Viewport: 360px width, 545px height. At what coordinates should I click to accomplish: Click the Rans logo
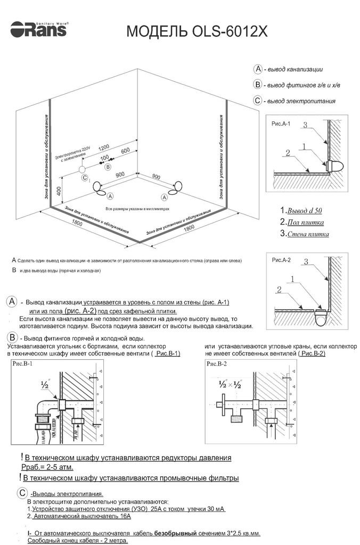(x=39, y=29)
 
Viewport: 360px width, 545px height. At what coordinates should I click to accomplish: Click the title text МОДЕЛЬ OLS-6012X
(x=197, y=32)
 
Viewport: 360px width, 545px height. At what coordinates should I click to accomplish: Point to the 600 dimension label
(x=126, y=151)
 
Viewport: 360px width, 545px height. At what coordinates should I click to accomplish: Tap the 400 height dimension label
(x=60, y=189)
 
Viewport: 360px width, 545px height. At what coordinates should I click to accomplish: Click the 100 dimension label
(x=104, y=158)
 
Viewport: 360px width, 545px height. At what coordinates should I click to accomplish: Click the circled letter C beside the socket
(x=84, y=178)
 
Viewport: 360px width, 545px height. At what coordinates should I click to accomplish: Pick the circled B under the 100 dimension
(x=108, y=167)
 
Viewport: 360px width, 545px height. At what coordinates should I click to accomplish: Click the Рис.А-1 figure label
(x=281, y=123)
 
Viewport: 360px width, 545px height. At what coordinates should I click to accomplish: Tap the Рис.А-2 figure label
(x=281, y=260)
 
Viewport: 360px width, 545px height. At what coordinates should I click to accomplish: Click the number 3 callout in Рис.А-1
(x=306, y=125)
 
